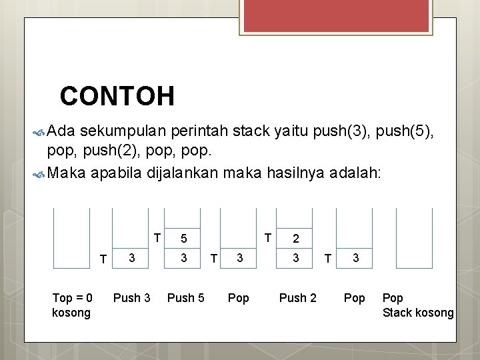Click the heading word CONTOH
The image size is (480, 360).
[x=117, y=97]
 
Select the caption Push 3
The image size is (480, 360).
[x=132, y=298]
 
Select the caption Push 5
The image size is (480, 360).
[x=185, y=298]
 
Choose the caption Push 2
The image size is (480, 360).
[x=298, y=298]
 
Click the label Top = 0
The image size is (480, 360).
[x=72, y=298]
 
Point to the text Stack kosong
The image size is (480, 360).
[x=418, y=313]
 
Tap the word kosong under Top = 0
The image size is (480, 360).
[x=71, y=313]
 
